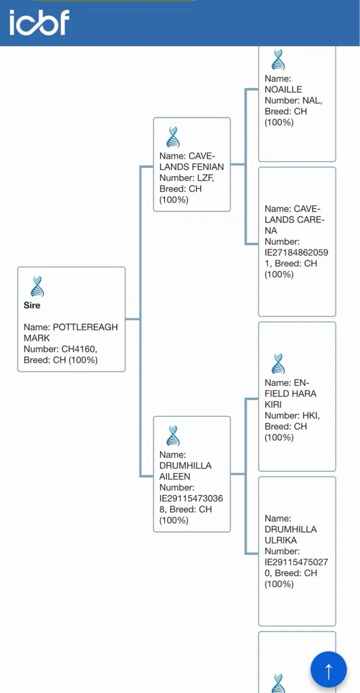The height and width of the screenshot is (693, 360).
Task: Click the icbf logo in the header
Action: (x=39, y=23)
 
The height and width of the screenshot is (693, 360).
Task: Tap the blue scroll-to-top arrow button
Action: (x=328, y=669)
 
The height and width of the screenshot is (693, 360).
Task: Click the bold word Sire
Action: (x=32, y=305)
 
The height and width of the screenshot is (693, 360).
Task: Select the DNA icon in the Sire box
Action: (x=38, y=286)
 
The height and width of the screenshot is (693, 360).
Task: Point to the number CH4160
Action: (x=79, y=349)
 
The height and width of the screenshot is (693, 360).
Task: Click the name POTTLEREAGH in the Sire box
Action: (x=85, y=327)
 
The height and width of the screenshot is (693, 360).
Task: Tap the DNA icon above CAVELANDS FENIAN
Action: (x=173, y=137)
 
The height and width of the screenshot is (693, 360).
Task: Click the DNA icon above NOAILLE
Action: (x=278, y=59)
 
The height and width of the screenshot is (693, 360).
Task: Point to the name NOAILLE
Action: (x=283, y=90)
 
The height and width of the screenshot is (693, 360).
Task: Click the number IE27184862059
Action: (x=296, y=252)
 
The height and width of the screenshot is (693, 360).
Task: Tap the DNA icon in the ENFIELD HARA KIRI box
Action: (x=278, y=364)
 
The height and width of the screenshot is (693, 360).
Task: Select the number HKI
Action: (x=311, y=415)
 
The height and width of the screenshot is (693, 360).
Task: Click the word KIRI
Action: (x=273, y=405)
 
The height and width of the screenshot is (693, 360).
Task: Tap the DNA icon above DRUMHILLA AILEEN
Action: (x=173, y=435)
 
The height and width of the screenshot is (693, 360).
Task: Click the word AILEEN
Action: (x=175, y=476)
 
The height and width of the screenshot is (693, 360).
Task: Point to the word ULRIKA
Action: (x=280, y=540)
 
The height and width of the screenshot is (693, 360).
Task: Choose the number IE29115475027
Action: (x=296, y=562)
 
